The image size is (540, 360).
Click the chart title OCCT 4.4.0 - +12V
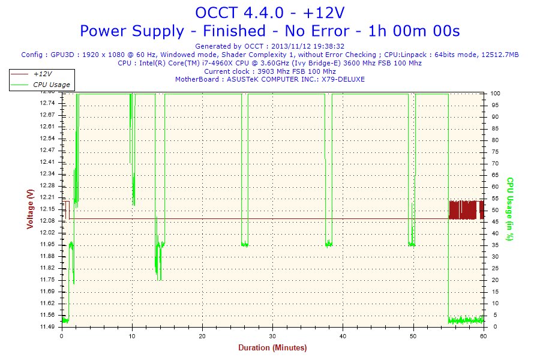269,13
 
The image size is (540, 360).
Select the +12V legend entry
42,74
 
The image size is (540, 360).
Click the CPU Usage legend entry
51,85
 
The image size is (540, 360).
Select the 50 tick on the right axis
494,210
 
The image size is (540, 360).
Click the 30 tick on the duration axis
273,337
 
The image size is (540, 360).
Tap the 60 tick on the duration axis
484,337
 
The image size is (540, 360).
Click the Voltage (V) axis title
30,209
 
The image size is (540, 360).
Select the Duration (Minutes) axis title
272,348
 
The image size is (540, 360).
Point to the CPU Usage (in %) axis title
510,209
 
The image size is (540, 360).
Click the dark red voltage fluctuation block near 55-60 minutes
466,210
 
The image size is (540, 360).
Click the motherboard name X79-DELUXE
343,79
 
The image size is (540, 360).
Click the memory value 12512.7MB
500,55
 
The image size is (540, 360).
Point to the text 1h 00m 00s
427,31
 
